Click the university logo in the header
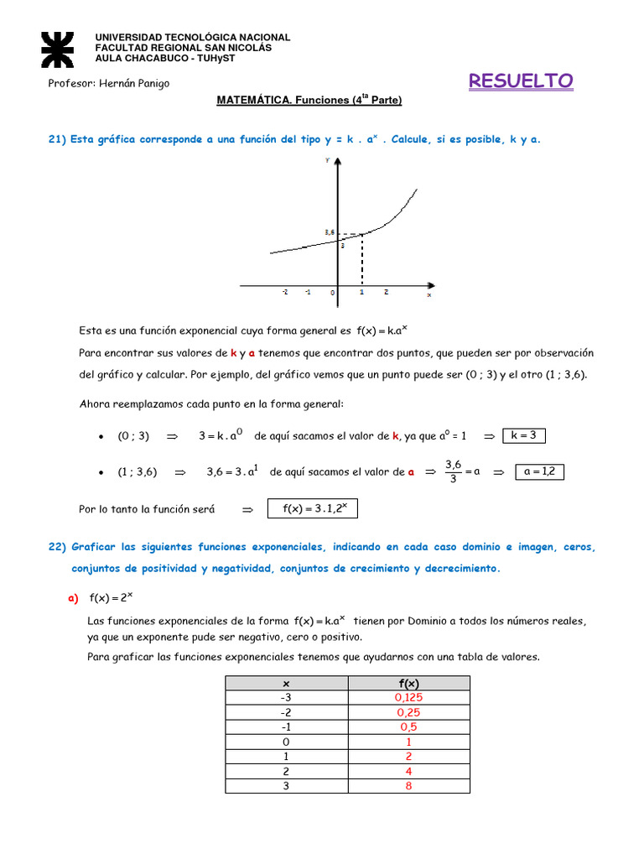(57, 49)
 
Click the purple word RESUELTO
(521, 81)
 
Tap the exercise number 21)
(57, 139)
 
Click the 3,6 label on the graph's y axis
(329, 232)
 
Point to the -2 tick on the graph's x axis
(285, 293)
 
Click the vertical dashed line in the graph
(361, 260)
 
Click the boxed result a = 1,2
(539, 471)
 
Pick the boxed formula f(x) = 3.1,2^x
(312, 509)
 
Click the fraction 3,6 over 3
(454, 471)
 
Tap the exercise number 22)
(57, 547)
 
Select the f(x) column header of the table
(408, 684)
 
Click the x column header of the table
(286, 684)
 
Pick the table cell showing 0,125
(408, 698)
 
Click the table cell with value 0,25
(408, 713)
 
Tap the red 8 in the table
(408, 786)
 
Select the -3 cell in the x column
(286, 698)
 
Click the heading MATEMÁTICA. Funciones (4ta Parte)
(309, 101)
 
